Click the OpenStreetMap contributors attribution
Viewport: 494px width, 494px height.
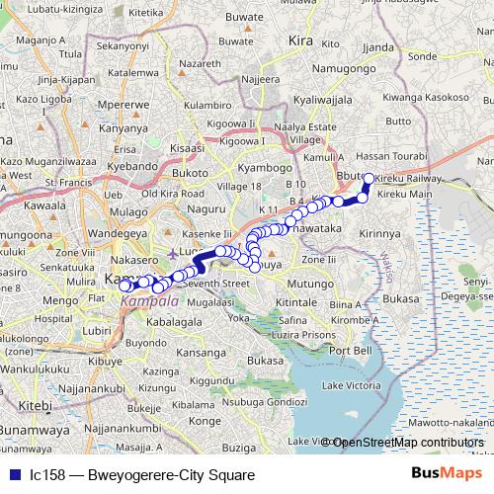(408, 443)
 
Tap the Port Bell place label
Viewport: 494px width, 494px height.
(352, 351)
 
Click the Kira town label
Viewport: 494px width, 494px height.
(299, 41)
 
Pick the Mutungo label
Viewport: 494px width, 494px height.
(311, 283)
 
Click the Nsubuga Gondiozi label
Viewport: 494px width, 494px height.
(265, 402)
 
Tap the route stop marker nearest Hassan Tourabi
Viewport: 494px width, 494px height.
(369, 179)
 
